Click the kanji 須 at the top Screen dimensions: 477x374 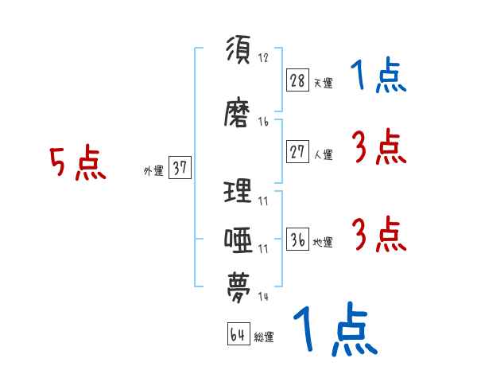pyautogui.click(x=238, y=50)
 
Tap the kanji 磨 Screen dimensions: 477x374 pyautogui.click(x=238, y=114)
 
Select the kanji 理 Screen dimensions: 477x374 pyautogui.click(x=238, y=191)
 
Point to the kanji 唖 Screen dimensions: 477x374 pyautogui.click(x=238, y=239)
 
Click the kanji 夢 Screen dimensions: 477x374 pyautogui.click(x=238, y=286)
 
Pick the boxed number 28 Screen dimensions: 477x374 pyautogui.click(x=297, y=80)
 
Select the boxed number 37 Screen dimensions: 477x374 pyautogui.click(x=180, y=168)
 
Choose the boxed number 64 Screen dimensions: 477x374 pyautogui.click(x=238, y=335)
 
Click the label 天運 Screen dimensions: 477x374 pyautogui.click(x=323, y=83)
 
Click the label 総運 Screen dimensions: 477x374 pyautogui.click(x=264, y=337)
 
